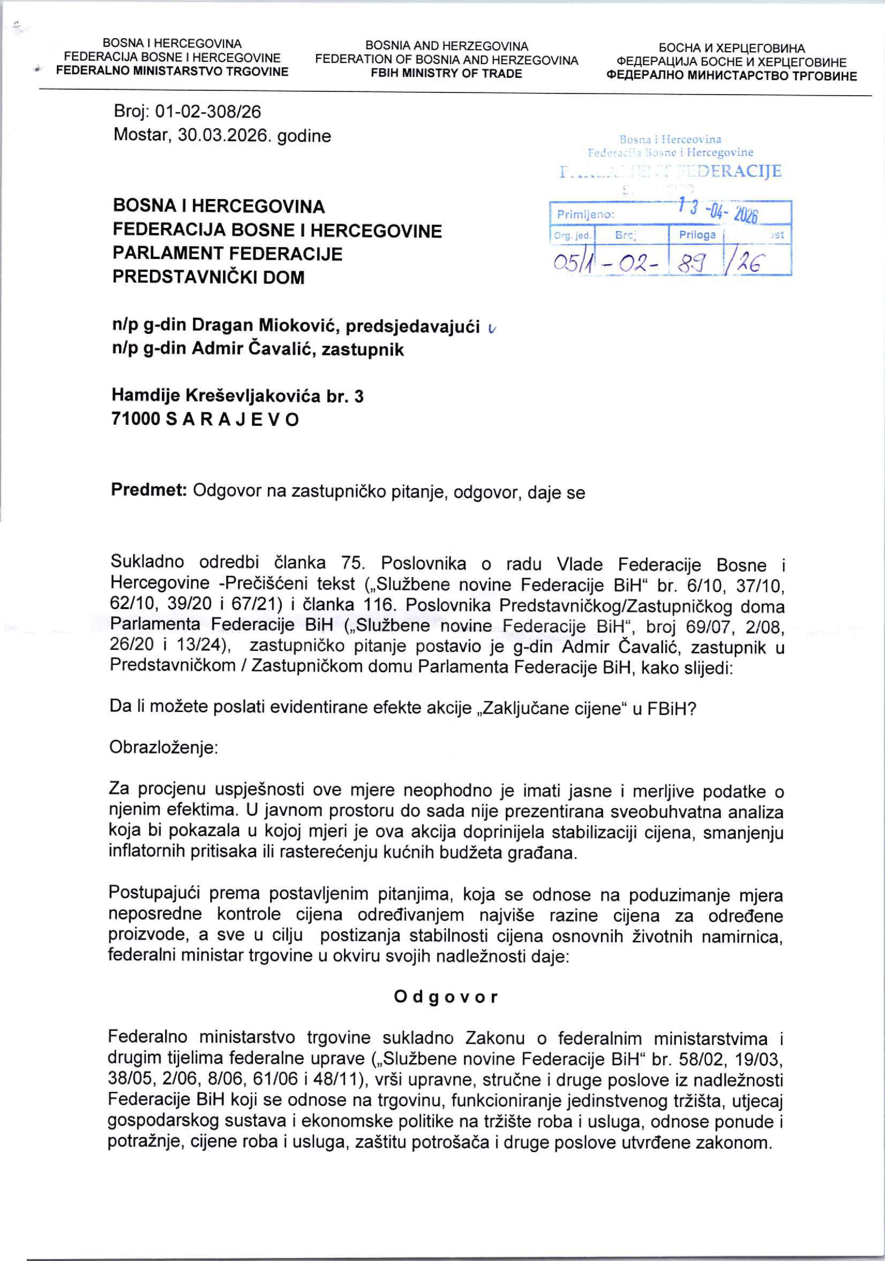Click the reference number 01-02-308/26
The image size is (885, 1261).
point(209,112)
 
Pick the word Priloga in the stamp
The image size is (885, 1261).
point(697,235)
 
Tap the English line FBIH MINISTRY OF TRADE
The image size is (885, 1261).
point(446,74)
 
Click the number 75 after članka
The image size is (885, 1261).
point(353,564)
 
